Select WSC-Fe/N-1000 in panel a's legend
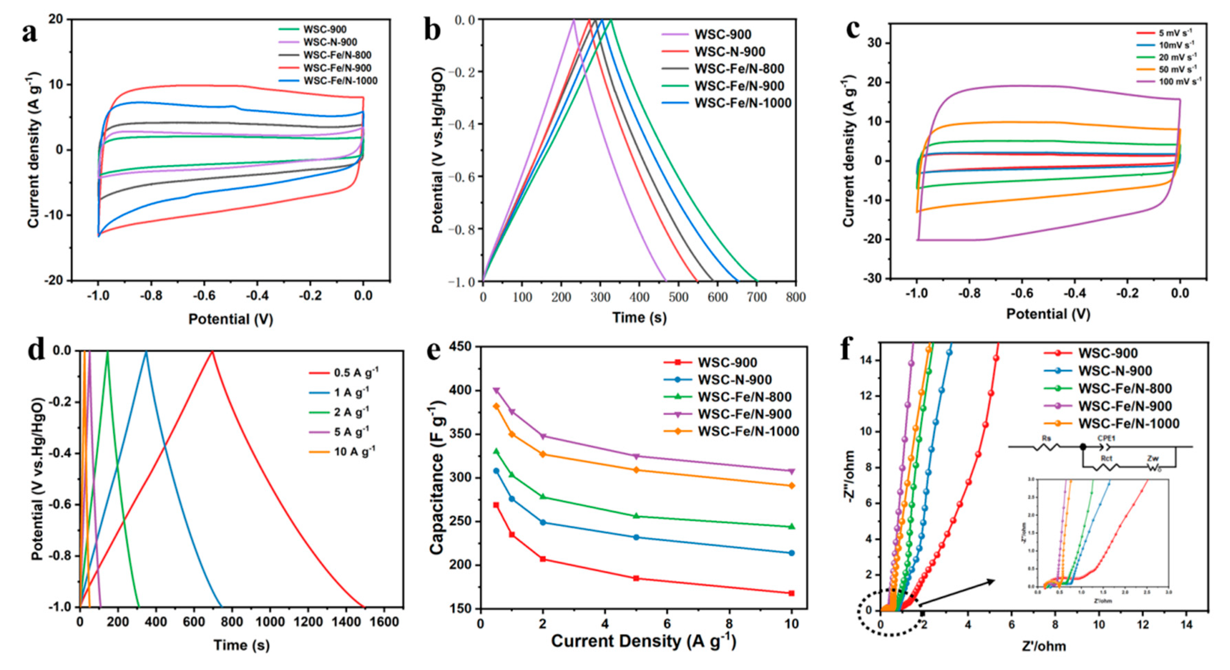click(340, 81)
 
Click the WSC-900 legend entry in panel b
click(722, 35)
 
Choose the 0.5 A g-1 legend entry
click(356, 372)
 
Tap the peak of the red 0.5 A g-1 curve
click(212, 351)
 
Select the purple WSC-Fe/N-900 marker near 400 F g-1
click(496, 390)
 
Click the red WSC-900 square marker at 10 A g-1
click(791, 593)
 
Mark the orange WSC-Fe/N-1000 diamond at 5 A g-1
click(636, 470)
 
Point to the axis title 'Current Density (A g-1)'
click(643, 641)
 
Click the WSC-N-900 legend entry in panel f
click(1114, 371)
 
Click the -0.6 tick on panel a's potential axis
click(204, 296)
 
